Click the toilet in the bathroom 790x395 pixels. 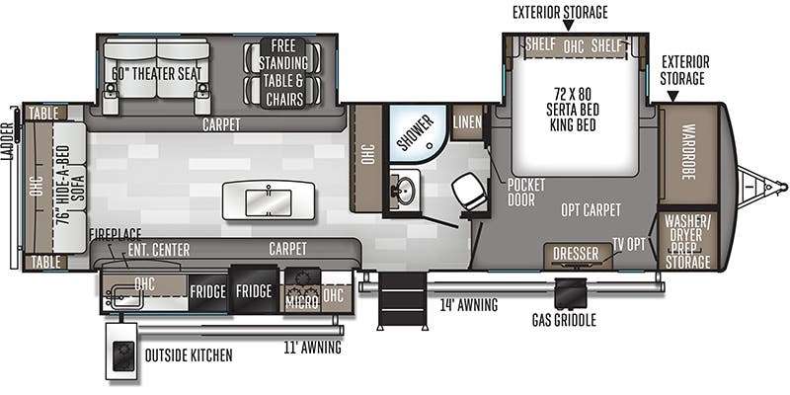pyautogui.click(x=470, y=192)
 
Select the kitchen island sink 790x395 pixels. pyautogui.click(x=268, y=202)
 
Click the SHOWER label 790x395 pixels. pyautogui.click(x=415, y=133)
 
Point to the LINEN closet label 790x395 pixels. pyautogui.click(x=467, y=121)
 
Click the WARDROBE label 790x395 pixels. pyautogui.click(x=688, y=152)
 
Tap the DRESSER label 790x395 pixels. pyautogui.click(x=576, y=254)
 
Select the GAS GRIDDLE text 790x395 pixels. pyautogui.click(x=564, y=320)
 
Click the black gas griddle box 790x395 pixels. pyautogui.click(x=571, y=293)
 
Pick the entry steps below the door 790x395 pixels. pyautogui.click(x=403, y=301)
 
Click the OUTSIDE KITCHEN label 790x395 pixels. pyautogui.click(x=189, y=355)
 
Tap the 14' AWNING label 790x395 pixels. pyautogui.click(x=468, y=305)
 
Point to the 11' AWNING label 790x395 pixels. pyautogui.click(x=312, y=348)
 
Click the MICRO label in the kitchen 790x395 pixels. pyautogui.click(x=302, y=302)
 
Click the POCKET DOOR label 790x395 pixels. pyautogui.click(x=525, y=193)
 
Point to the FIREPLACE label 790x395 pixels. pyautogui.click(x=116, y=235)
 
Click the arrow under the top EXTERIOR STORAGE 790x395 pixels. pyautogui.click(x=569, y=26)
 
